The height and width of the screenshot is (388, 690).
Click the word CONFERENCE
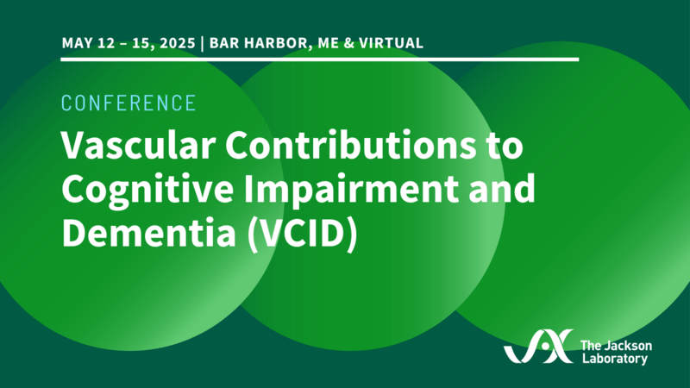click(x=129, y=103)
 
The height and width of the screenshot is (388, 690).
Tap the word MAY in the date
click(x=77, y=41)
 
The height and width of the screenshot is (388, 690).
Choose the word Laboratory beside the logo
click(x=614, y=358)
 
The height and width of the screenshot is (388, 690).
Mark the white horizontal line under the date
click(x=319, y=59)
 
